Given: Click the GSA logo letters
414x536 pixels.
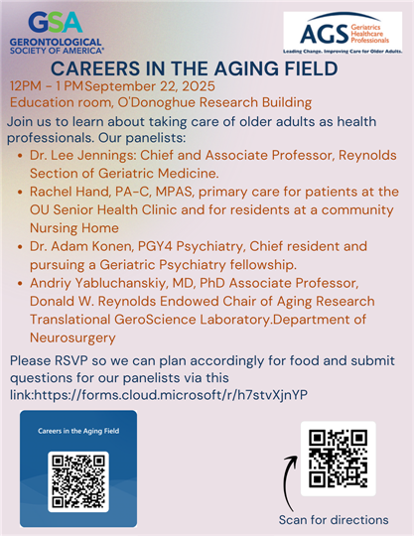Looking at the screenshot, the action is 55,22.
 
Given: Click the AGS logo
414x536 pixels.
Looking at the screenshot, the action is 343,33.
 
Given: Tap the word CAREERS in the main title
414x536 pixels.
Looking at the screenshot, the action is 95,68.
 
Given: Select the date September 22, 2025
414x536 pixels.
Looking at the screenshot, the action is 150,86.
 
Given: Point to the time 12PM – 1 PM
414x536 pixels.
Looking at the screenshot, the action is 47,86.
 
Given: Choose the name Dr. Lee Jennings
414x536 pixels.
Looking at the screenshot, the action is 83,156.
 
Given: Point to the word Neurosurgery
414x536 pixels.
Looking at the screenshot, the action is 72,338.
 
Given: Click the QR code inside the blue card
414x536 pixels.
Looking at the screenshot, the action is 78,481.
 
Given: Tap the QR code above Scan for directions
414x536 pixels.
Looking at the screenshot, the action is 339,459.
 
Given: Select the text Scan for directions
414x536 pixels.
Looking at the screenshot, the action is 334,520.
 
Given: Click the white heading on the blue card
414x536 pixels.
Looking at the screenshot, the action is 78,431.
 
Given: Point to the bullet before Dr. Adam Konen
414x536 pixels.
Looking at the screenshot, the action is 20,247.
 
